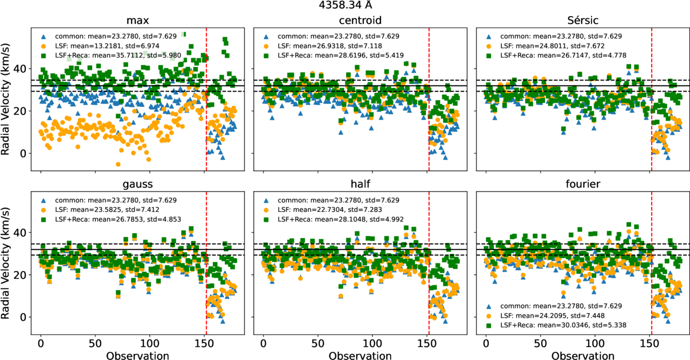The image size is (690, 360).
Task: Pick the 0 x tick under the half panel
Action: coord(264,343)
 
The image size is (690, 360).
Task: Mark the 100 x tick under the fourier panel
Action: coord(595,343)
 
